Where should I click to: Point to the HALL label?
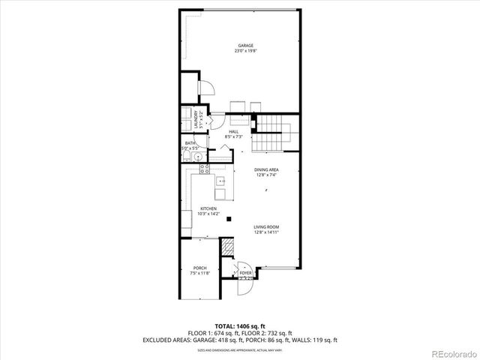pos(233,132)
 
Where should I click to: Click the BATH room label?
pos(190,143)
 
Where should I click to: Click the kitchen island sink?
pos(221,181)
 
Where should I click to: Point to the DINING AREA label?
pos(266,170)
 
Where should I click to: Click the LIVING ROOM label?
pos(266,226)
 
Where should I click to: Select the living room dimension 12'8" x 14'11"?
pos(266,232)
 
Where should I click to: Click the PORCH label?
pos(199,268)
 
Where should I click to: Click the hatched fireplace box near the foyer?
pos(225,247)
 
